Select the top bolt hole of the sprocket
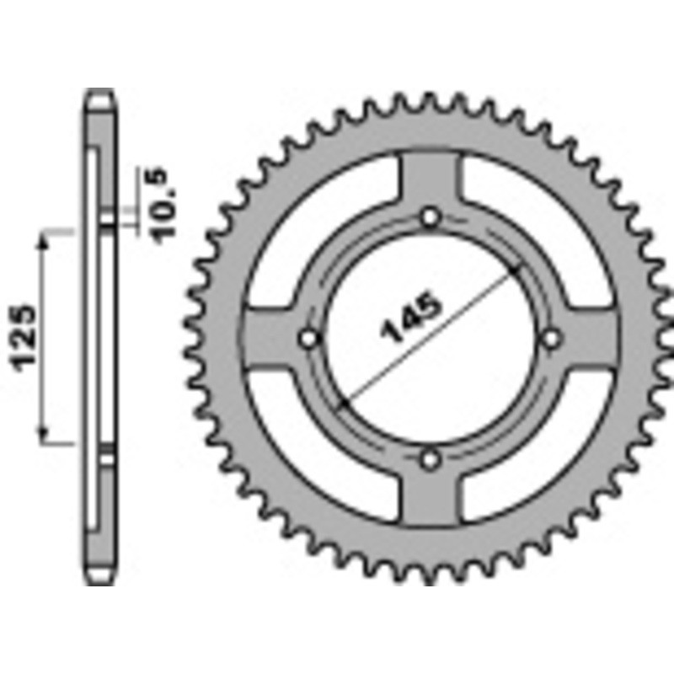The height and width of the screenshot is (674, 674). pos(431,217)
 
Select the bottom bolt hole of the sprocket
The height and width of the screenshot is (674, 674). pos(431,460)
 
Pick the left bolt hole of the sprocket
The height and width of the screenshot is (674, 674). pos(309,339)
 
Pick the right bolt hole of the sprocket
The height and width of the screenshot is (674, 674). pos(552,339)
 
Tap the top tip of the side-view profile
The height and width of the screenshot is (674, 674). pos(99,91)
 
